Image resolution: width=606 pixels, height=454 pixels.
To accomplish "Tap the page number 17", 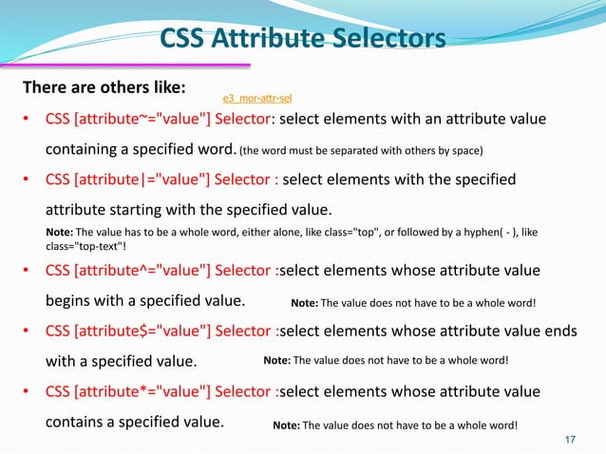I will [571, 439].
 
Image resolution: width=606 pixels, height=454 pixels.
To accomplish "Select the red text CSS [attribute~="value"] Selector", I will [160, 120].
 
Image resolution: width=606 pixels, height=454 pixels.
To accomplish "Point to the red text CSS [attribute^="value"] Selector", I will [160, 270].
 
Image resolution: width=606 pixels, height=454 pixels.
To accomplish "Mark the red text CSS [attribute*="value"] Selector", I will [160, 391].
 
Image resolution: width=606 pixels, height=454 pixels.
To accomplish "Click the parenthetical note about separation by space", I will [361, 151].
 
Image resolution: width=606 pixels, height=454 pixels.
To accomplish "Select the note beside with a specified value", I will [386, 361].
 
